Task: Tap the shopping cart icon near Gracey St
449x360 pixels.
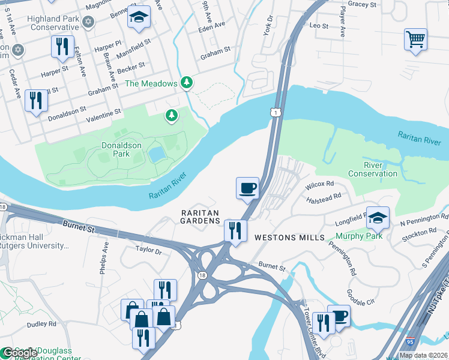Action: tap(415, 40)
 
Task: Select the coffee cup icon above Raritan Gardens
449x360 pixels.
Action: tap(247, 189)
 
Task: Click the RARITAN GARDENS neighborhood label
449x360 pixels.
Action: tap(201, 217)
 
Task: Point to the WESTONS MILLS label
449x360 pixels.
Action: tap(285, 238)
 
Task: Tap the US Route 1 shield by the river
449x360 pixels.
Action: tap(274, 113)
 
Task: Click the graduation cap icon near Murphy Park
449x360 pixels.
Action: tap(378, 218)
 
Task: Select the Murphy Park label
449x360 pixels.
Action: tap(363, 236)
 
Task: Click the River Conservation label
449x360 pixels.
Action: tap(380, 169)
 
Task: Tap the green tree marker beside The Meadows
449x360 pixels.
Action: tap(188, 83)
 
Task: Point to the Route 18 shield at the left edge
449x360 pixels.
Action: tap(3, 207)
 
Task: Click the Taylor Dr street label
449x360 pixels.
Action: tap(149, 250)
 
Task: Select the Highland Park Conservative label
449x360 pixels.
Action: tap(53, 23)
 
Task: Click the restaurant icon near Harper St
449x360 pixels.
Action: tap(62, 46)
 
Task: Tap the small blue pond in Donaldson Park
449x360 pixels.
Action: tap(157, 155)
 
